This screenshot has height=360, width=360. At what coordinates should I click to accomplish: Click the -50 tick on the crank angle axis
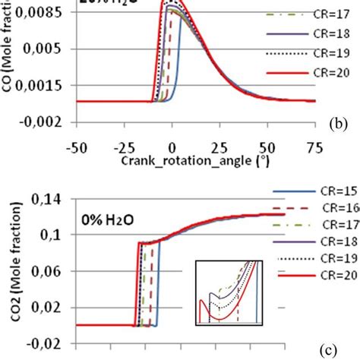[74, 146]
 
